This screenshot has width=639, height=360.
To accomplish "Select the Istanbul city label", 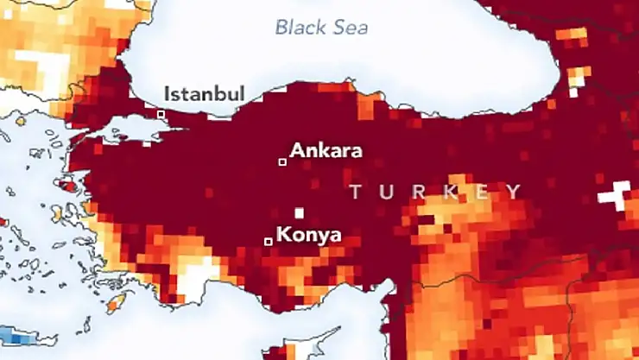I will [x=205, y=93].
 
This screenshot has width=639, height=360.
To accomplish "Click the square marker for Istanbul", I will [x=161, y=113].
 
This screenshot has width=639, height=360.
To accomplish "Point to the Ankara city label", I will [x=326, y=150].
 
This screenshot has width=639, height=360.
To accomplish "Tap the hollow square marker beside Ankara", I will [x=282, y=161].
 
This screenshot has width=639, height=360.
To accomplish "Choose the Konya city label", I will [x=308, y=234].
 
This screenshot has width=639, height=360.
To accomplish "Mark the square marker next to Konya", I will [x=268, y=241].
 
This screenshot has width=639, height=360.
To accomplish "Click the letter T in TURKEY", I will [x=356, y=192].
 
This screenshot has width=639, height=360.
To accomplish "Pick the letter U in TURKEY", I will [x=386, y=192].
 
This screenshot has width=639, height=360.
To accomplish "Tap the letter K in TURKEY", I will [x=450, y=192].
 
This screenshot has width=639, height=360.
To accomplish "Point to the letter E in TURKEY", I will [x=482, y=192].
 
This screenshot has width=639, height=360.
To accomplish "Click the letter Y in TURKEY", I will [x=514, y=192].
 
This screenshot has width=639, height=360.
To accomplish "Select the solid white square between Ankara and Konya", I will [x=299, y=212].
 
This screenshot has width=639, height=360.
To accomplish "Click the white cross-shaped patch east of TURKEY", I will [x=617, y=194].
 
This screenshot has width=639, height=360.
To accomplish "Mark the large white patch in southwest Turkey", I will [x=197, y=278].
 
